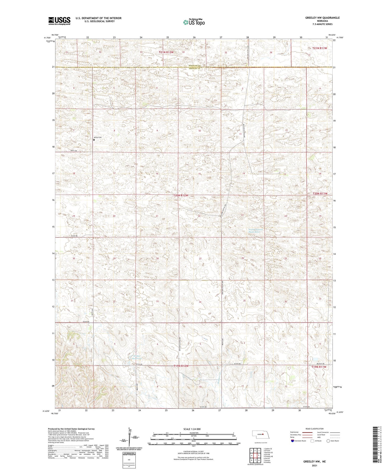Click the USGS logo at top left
(59, 21)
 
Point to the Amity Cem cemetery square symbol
(94, 140)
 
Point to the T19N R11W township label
(318, 367)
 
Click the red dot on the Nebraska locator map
(263, 434)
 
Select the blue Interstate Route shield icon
(292, 441)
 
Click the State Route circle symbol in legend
(328, 441)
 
